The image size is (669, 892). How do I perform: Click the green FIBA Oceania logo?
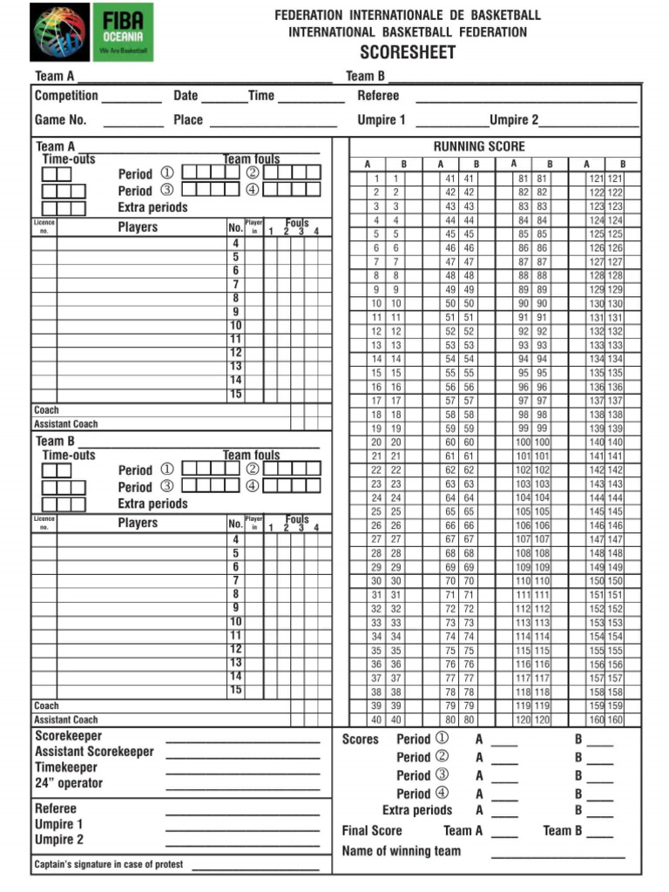click(122, 31)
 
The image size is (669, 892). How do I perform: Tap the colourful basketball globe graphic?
click(59, 31)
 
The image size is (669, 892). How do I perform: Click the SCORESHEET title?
click(408, 53)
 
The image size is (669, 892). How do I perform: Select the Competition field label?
click(66, 96)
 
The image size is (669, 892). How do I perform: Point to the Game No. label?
click(60, 120)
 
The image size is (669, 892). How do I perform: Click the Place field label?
click(187, 120)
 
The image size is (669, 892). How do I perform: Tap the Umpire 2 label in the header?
click(513, 120)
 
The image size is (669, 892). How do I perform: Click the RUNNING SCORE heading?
click(479, 146)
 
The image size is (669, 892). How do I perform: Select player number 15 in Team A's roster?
click(235, 394)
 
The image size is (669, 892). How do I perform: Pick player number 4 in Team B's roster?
click(235, 539)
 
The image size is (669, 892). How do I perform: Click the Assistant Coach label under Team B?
click(66, 720)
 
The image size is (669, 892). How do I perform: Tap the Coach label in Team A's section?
click(46, 409)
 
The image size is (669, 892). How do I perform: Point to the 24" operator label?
click(68, 783)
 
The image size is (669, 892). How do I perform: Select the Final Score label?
click(372, 831)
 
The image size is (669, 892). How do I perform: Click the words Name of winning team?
click(401, 851)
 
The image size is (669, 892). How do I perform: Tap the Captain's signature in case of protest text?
click(108, 865)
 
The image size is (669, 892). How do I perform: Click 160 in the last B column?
click(615, 720)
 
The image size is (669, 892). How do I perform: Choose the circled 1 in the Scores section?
click(442, 739)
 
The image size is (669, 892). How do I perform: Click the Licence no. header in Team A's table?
click(44, 227)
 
